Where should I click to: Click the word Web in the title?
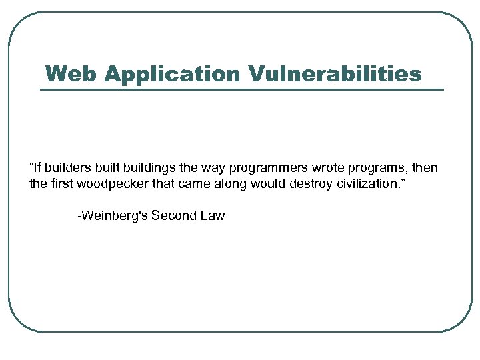tap(71, 73)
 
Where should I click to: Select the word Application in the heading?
tap(171, 73)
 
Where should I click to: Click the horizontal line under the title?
tap(241, 89)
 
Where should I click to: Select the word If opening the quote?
tap(36, 167)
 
